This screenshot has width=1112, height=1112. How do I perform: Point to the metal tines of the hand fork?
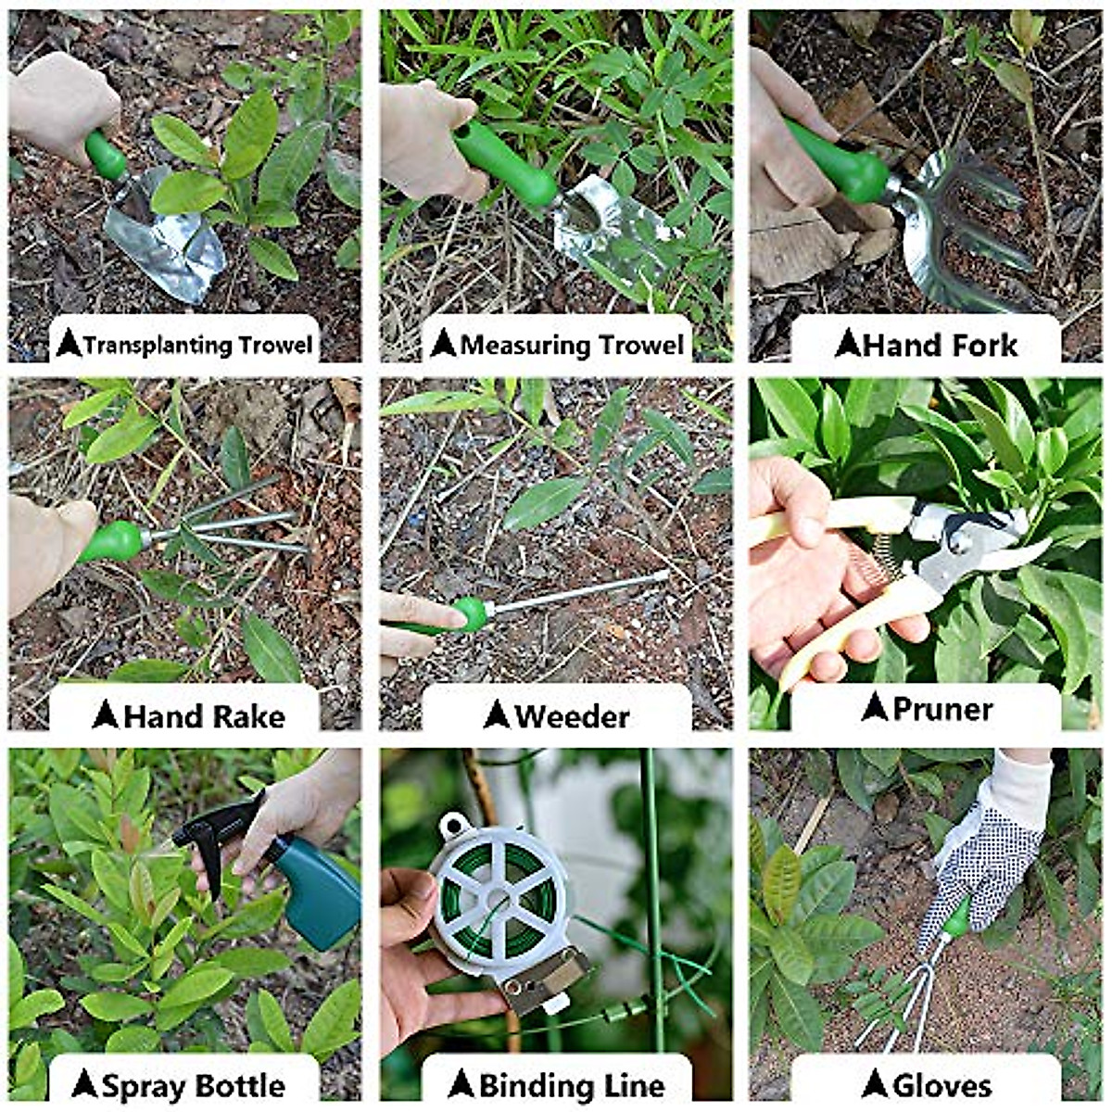pyautogui.click(x=973, y=232)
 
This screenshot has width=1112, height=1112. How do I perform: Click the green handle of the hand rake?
pyautogui.click(x=111, y=541)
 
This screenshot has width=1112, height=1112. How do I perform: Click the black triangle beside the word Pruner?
pyautogui.click(x=875, y=708)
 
